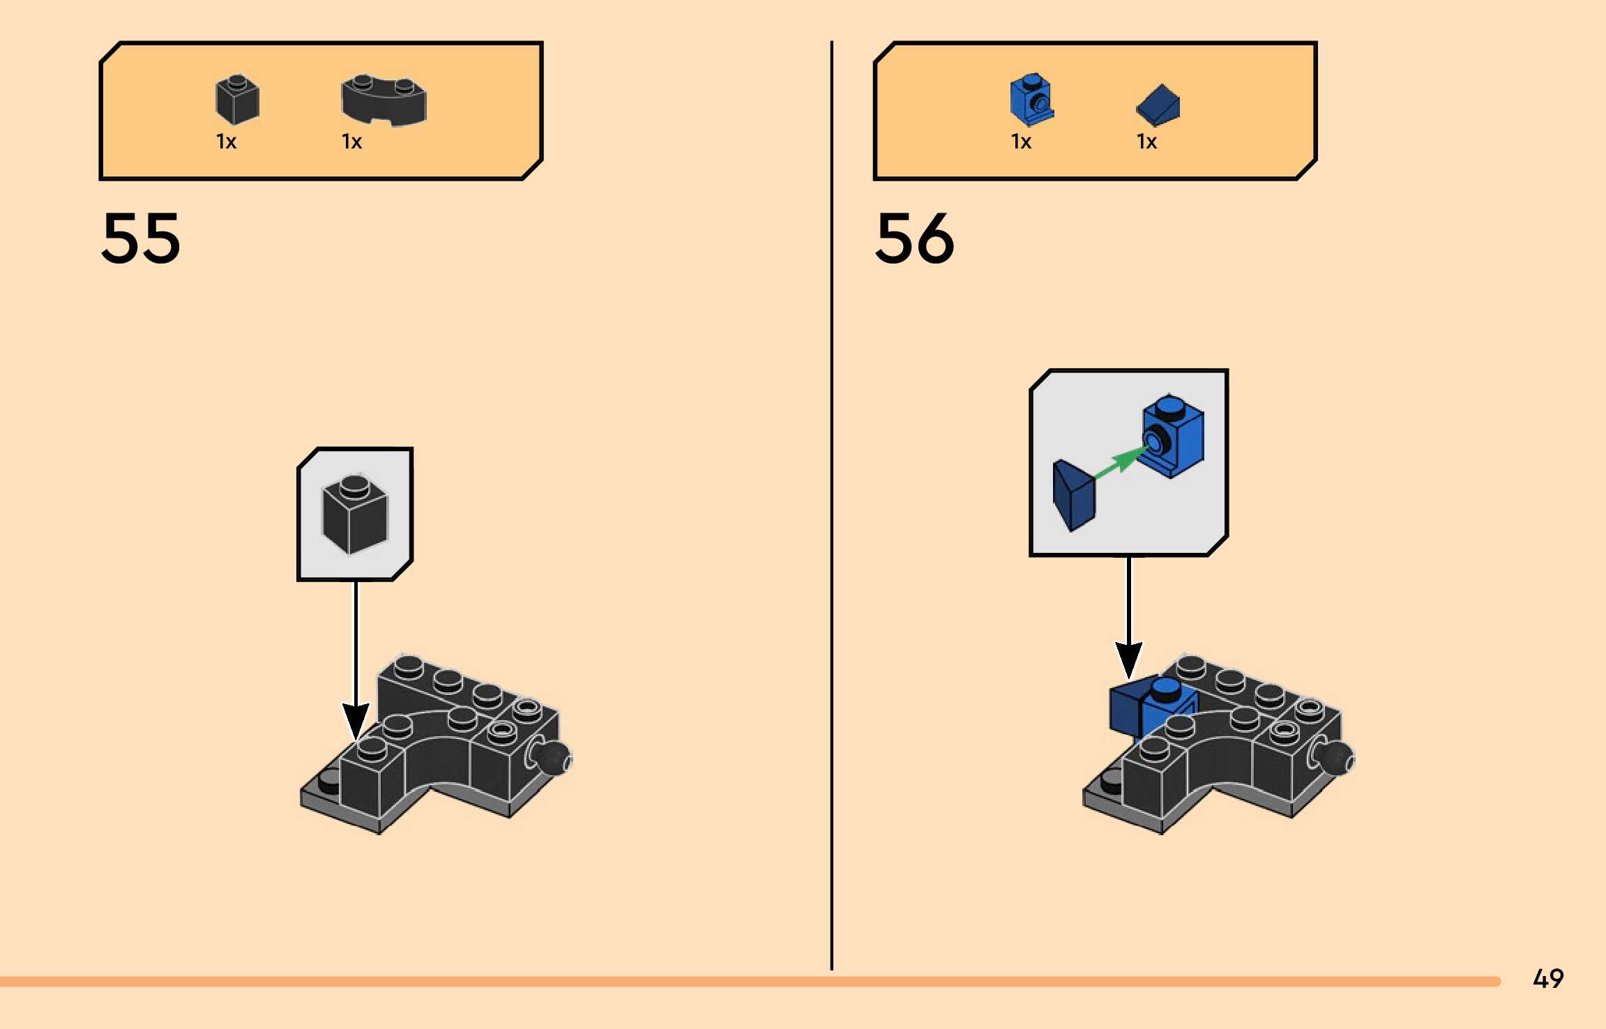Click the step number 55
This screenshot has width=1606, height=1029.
click(141, 238)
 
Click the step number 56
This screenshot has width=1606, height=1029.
click(915, 238)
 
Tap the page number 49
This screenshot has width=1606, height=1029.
click(1548, 979)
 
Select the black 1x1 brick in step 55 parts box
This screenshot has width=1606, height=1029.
click(237, 100)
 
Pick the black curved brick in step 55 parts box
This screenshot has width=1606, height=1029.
click(384, 100)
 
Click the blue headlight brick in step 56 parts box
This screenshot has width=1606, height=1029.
click(1032, 99)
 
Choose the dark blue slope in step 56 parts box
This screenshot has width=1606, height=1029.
click(1158, 105)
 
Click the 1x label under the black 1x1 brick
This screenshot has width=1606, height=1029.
click(226, 142)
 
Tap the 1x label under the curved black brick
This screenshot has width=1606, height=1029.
click(351, 142)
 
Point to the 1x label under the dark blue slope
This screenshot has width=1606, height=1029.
click(1146, 142)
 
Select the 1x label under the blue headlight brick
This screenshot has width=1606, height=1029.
click(1021, 142)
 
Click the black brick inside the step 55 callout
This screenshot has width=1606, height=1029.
click(355, 514)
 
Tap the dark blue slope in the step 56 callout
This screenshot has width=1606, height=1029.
click(1074, 495)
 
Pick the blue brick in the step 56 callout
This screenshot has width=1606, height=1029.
click(1173, 436)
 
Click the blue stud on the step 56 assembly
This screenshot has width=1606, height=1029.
click(1165, 689)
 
